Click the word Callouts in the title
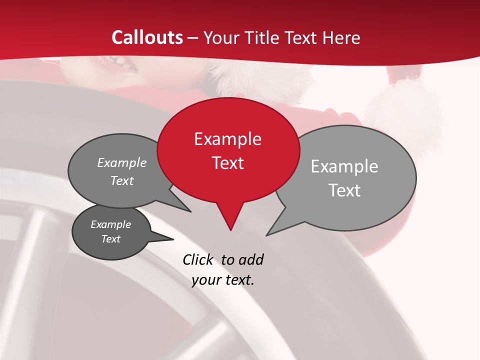click(147, 37)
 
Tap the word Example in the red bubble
click(227, 139)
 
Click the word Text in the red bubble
click(228, 163)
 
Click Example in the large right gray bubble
click(344, 166)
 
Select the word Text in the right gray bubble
click(344, 190)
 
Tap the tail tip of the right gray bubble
click(267, 234)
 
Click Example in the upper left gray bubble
click(122, 163)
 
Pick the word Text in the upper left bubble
click(122, 181)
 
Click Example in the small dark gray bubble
click(111, 224)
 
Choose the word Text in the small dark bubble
click(111, 239)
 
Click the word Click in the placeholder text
click(197, 259)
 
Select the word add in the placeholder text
click(251, 259)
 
